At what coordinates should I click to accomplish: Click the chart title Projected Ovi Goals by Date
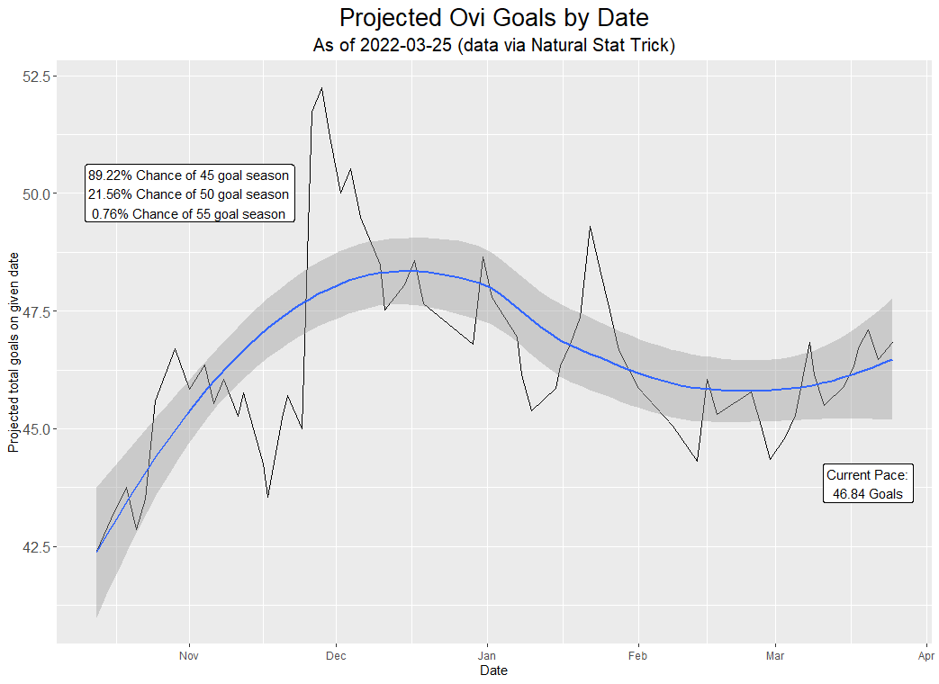pyautogui.click(x=494, y=18)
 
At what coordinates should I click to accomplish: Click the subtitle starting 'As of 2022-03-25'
pyautogui.click(x=494, y=45)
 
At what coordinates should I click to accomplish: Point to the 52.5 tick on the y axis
pyautogui.click(x=37, y=76)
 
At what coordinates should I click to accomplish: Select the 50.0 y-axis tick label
pyautogui.click(x=37, y=193)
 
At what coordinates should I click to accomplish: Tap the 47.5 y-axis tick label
pyautogui.click(x=37, y=311)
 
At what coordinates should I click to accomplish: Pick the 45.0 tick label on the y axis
pyautogui.click(x=37, y=429)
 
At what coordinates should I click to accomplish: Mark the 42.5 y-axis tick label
pyautogui.click(x=37, y=547)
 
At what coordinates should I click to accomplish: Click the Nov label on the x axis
pyautogui.click(x=189, y=656)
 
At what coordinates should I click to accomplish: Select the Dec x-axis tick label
pyautogui.click(x=336, y=656)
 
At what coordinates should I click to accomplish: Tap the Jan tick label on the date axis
pyautogui.click(x=487, y=656)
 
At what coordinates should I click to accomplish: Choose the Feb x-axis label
pyautogui.click(x=637, y=656)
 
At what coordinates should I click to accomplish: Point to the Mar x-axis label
pyautogui.click(x=775, y=656)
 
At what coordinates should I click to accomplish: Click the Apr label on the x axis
pyautogui.click(x=925, y=656)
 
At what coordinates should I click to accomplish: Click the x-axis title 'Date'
pyautogui.click(x=494, y=670)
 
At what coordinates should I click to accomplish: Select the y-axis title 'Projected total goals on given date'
pyautogui.click(x=14, y=353)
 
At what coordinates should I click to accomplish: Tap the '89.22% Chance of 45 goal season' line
pyautogui.click(x=189, y=175)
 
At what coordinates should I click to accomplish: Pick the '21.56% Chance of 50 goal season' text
pyautogui.click(x=189, y=194)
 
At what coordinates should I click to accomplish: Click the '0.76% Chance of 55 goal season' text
pyautogui.click(x=189, y=214)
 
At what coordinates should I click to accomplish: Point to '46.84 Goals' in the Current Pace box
pyautogui.click(x=868, y=494)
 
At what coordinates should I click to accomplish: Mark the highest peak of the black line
pyautogui.click(x=322, y=88)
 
